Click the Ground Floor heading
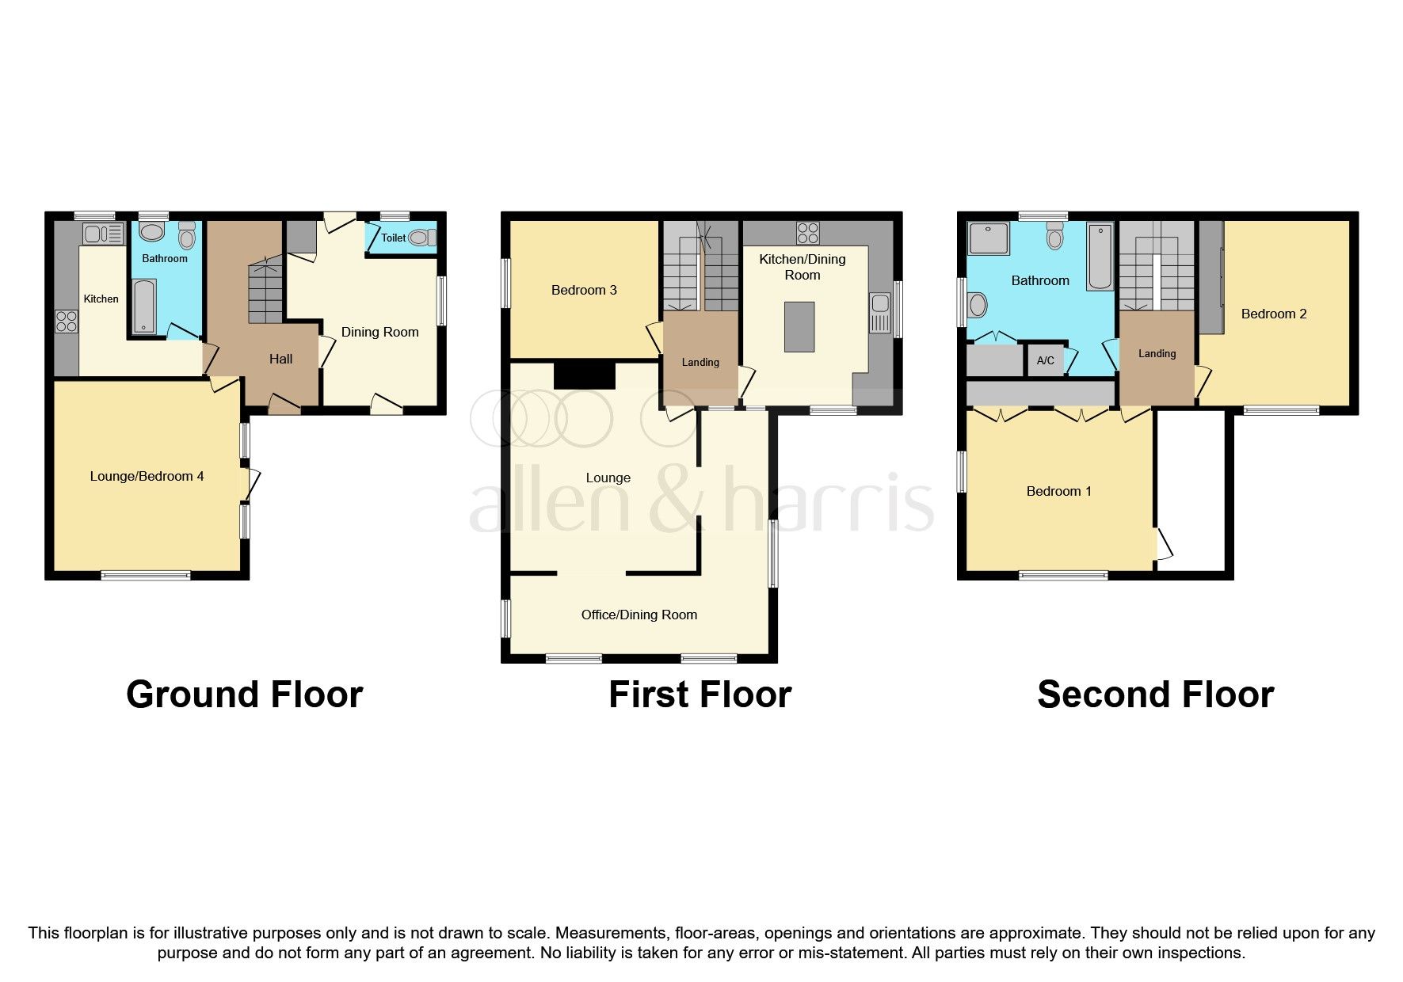coord(244,695)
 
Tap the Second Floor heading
coord(1155,695)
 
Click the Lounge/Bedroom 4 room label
coord(147,476)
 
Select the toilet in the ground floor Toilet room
coord(422,237)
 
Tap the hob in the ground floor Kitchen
coord(67,321)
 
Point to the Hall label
coord(280,359)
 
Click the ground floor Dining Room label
coord(379,332)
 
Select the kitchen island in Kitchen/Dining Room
coord(799,326)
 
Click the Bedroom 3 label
coord(584,290)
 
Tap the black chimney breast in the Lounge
coord(584,375)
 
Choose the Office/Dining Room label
coord(639,615)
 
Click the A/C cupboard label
coord(1045,360)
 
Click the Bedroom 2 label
coord(1273,314)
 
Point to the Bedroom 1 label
coord(1058,491)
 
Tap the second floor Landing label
coord(1157,353)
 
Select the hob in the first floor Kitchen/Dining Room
coord(807,233)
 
